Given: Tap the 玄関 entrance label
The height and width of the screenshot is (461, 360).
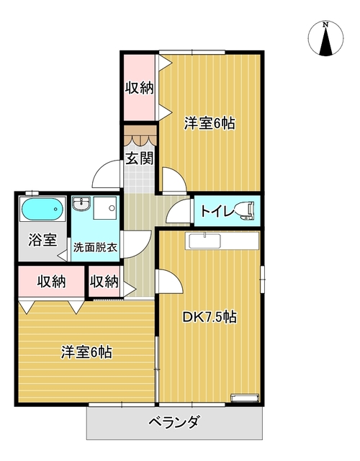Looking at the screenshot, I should point(140,159).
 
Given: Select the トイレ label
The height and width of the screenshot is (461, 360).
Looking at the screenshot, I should point(215,211).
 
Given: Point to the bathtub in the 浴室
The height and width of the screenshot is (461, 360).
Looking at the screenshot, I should point(42,210).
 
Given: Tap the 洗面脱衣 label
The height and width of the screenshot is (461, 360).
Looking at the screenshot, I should point(96,247).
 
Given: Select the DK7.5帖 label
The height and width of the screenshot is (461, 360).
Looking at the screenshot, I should point(210,316).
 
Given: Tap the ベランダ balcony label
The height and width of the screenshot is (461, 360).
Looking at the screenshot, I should point(174,422).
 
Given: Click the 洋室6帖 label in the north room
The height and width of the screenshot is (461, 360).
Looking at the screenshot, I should point(209,123).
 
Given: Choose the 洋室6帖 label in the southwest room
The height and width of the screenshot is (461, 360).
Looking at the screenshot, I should point(86,353).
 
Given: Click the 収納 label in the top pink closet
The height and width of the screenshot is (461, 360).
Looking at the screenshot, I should point(140,88).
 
